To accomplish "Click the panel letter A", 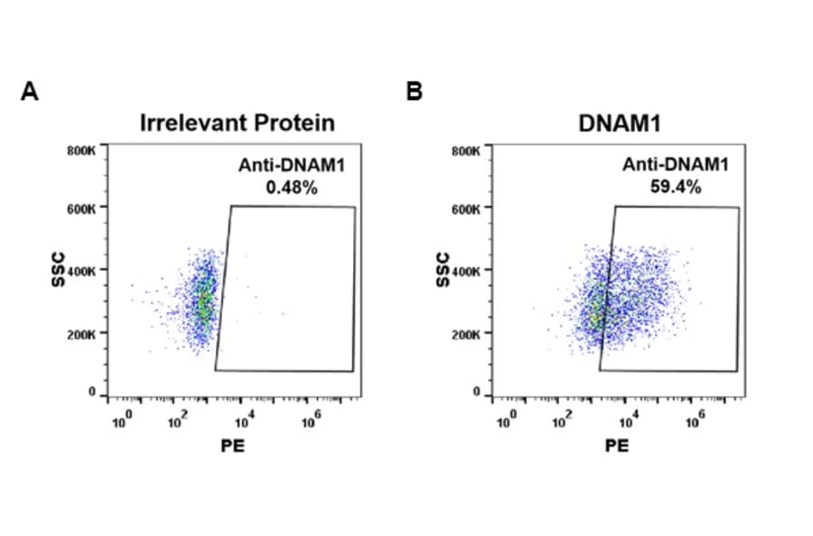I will (29, 92).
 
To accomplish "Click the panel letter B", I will (414, 92).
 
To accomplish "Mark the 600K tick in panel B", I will (467, 209).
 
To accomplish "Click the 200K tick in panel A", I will (82, 334).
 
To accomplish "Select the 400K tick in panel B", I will (467, 271).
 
